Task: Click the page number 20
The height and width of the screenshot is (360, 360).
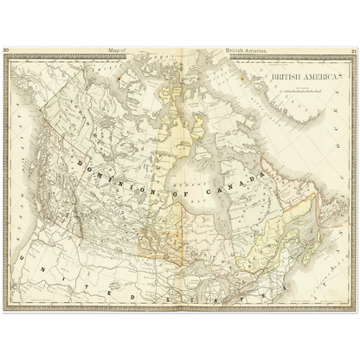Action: pos(6,51)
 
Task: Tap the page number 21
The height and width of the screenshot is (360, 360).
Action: pos(354,51)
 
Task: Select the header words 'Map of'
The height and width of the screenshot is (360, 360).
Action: pos(115,51)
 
